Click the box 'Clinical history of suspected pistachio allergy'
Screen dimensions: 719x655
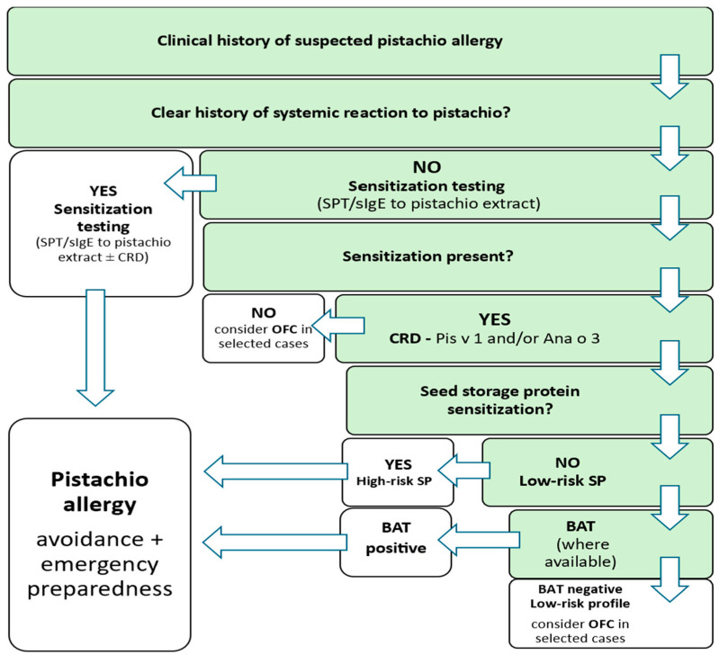(x=360, y=41)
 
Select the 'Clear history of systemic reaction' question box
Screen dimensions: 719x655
(x=361, y=113)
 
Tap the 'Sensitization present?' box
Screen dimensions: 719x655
(x=458, y=256)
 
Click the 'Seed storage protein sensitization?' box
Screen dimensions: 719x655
(x=529, y=400)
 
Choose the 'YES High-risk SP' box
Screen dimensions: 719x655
(x=398, y=472)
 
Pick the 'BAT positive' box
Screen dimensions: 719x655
(x=396, y=543)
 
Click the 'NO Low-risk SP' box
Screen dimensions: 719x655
(x=598, y=472)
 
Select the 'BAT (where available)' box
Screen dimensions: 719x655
(x=611, y=544)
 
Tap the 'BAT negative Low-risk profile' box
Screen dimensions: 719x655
(x=611, y=614)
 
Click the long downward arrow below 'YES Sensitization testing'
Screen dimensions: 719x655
(x=95, y=347)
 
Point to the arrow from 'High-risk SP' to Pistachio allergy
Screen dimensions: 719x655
(x=275, y=471)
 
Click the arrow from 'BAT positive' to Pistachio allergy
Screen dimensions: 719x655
(x=274, y=543)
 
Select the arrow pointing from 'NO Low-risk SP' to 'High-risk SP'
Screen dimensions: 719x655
(x=464, y=471)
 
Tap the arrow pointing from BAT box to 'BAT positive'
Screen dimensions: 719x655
(x=479, y=540)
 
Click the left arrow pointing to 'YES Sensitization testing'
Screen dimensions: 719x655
(x=190, y=184)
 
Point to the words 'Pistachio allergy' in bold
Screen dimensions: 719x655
(x=100, y=492)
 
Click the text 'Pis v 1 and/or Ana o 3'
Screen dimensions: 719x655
(x=517, y=338)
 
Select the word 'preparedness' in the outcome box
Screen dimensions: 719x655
(x=100, y=589)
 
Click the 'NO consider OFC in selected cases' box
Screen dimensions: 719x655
(x=264, y=328)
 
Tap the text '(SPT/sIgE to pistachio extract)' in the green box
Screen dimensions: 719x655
(x=428, y=203)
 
